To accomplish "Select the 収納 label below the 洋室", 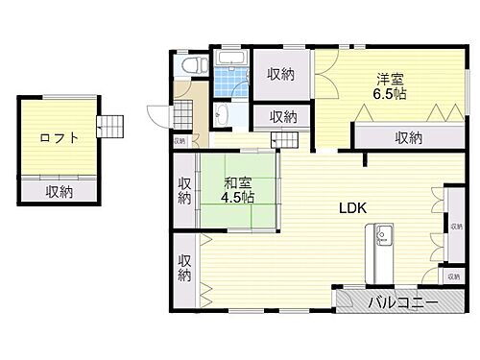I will pos(408,137).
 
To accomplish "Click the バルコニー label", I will pos(403,303).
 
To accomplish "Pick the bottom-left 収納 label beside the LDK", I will pos(184,267).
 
